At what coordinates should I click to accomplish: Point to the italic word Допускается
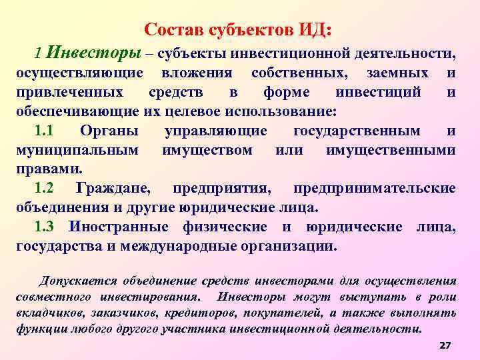pos(79,281)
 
